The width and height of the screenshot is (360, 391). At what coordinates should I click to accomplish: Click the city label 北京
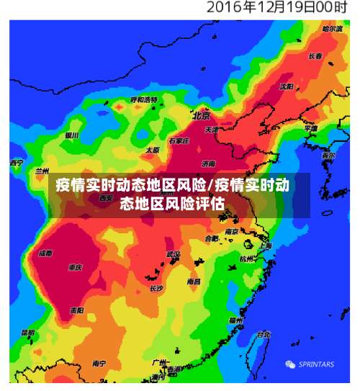(201, 115)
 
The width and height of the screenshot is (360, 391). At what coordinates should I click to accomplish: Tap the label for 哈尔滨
(333, 29)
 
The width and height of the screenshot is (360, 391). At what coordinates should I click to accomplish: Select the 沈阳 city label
(287, 86)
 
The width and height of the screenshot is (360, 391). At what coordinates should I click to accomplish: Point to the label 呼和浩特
(143, 99)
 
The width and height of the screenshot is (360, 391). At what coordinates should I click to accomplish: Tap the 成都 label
(45, 253)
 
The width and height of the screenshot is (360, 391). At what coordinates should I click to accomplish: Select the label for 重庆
(76, 267)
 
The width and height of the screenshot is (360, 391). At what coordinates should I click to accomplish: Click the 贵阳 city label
(77, 310)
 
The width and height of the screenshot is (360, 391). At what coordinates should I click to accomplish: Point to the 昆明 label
(28, 333)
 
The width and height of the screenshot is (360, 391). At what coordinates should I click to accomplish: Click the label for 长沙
(157, 288)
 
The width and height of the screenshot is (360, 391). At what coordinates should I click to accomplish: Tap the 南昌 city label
(194, 282)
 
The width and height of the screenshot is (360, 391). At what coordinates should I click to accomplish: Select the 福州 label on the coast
(235, 320)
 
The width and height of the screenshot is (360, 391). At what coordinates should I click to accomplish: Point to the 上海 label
(265, 246)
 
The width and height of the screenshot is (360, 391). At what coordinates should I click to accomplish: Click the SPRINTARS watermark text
(316, 364)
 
